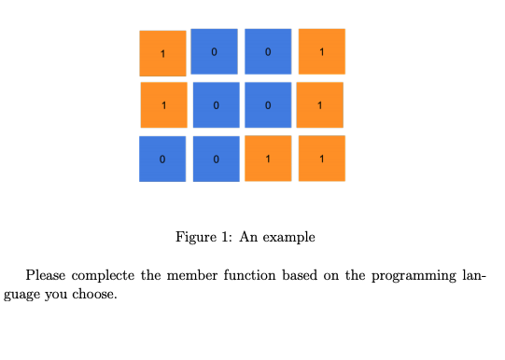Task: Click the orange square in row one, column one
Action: (x=162, y=53)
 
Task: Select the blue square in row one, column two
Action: (x=214, y=51)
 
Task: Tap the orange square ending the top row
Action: (x=321, y=51)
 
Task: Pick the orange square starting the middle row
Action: (x=163, y=104)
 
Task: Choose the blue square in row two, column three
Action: (x=268, y=104)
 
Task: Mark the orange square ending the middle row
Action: (x=320, y=104)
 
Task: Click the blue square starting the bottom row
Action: (x=162, y=159)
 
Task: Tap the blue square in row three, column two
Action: (x=216, y=159)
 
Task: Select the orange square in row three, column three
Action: (x=268, y=158)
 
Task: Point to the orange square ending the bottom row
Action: (x=321, y=158)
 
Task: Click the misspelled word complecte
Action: (x=105, y=276)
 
